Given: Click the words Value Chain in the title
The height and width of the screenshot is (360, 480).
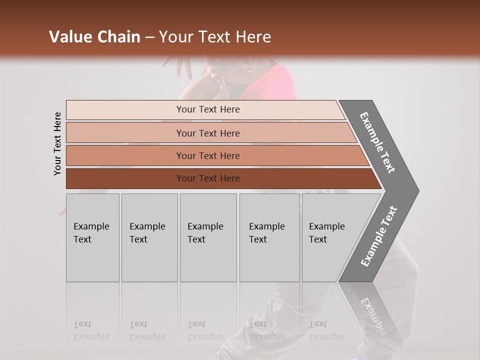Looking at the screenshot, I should click(x=94, y=37).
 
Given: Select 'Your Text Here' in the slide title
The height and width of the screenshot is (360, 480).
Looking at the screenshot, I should click(x=215, y=37).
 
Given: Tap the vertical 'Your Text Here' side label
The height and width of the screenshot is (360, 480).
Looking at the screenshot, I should click(x=57, y=143).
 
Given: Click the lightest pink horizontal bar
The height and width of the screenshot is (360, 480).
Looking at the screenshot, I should click(x=205, y=109).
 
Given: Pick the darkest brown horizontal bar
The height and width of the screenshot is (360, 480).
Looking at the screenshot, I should click(x=220, y=178).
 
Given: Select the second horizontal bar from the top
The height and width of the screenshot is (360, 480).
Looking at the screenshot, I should click(x=210, y=133).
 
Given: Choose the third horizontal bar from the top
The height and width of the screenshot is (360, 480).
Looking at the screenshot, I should click(x=215, y=155).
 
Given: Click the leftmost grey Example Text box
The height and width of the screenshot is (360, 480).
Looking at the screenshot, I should click(x=92, y=237).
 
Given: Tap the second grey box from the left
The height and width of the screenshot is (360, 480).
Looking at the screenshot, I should click(x=149, y=237).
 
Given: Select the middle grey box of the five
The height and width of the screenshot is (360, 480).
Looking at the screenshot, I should click(x=208, y=237).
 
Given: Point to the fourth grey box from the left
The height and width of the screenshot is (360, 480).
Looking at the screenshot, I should click(x=269, y=237).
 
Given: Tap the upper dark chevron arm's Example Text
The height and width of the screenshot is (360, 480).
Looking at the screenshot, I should click(x=377, y=142).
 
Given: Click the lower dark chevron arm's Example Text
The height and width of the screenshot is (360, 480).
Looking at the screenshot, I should click(x=379, y=236).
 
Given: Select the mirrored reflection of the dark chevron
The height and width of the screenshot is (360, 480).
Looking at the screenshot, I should click(x=372, y=310).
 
